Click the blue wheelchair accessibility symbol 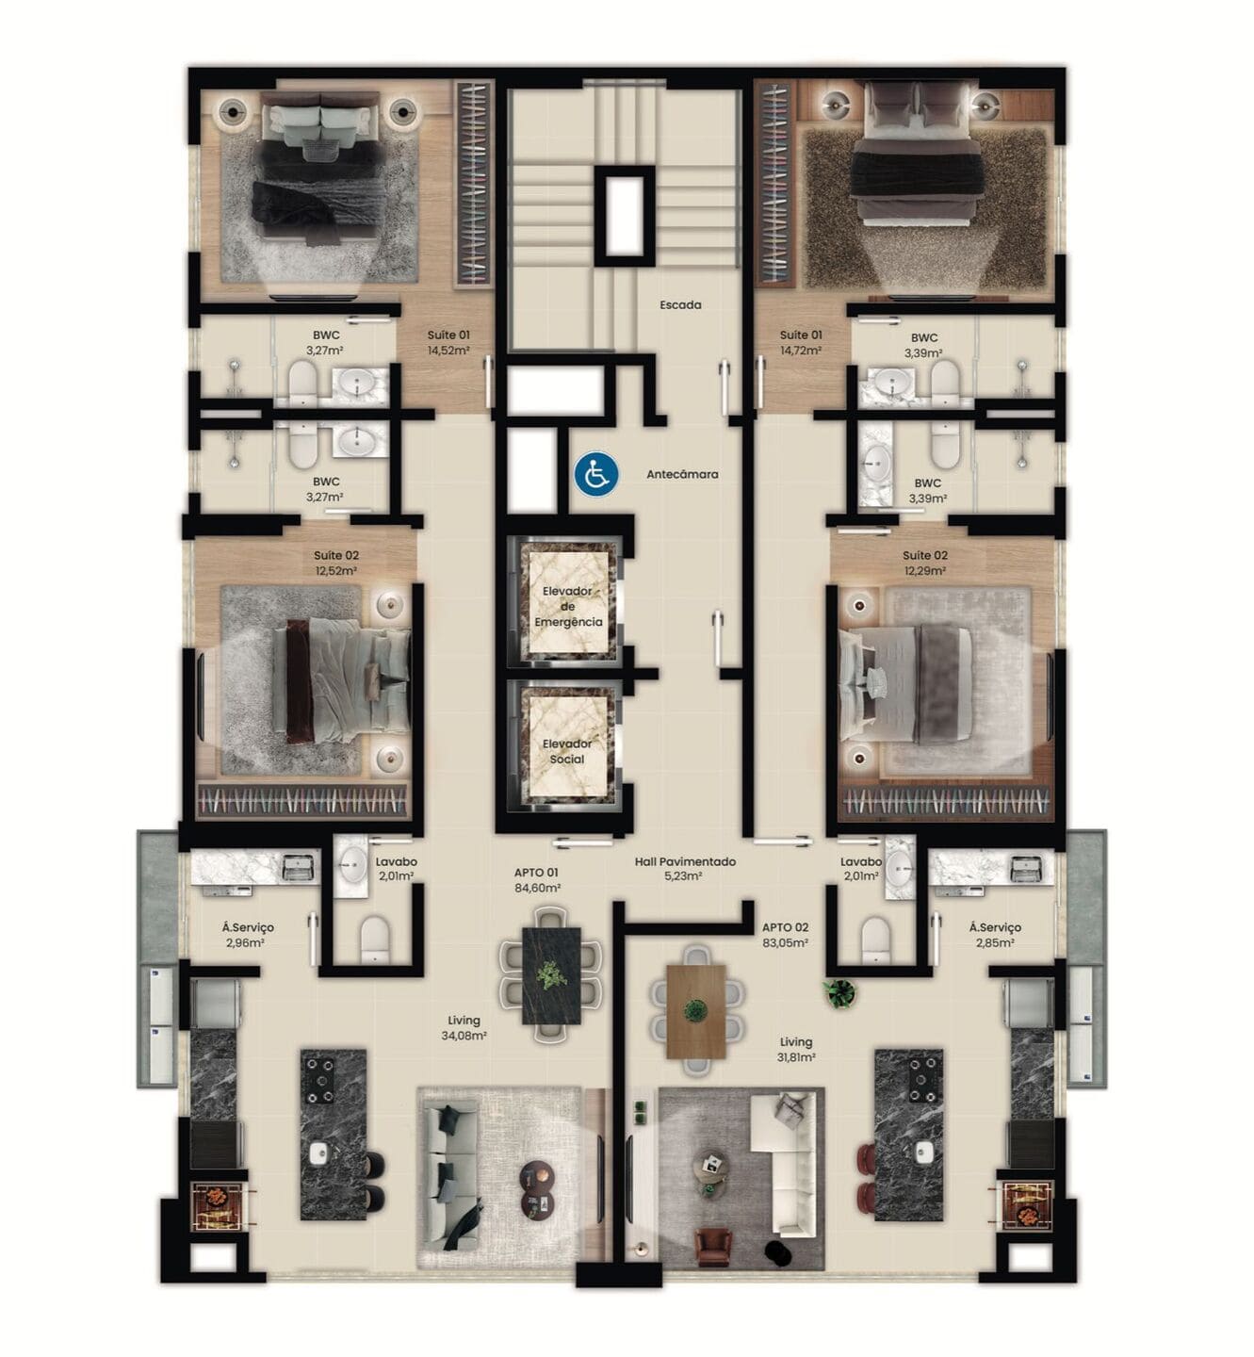(596, 476)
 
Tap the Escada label (680, 304)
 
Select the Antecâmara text (682, 473)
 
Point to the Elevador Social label (567, 751)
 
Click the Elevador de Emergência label (568, 606)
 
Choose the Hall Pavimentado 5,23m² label (685, 869)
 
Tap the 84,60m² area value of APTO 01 (537, 889)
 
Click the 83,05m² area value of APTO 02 (785, 943)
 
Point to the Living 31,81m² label (796, 1049)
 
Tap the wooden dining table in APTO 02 (695, 1011)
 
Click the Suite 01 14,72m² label (801, 342)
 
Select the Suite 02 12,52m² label (336, 563)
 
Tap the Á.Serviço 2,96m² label (248, 935)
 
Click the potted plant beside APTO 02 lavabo (839, 993)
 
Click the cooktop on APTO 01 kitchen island (320, 1080)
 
